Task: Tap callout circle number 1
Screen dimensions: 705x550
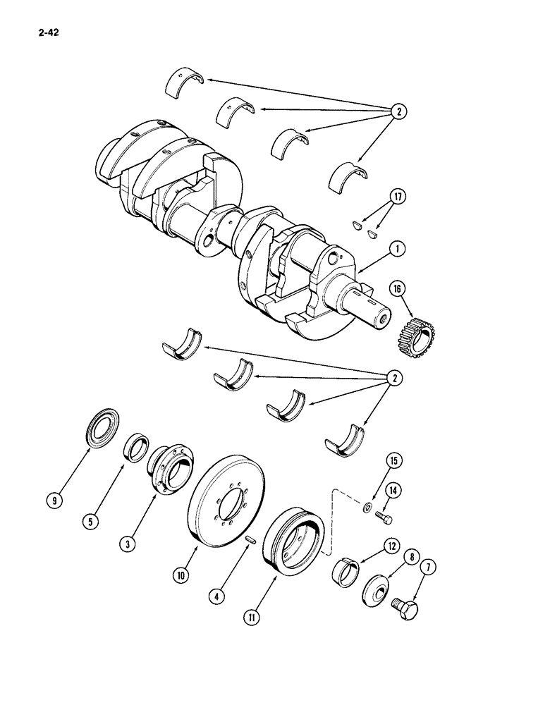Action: tap(398, 249)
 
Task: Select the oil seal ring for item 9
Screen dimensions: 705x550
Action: tap(102, 429)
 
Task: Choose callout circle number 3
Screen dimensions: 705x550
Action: tap(128, 544)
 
